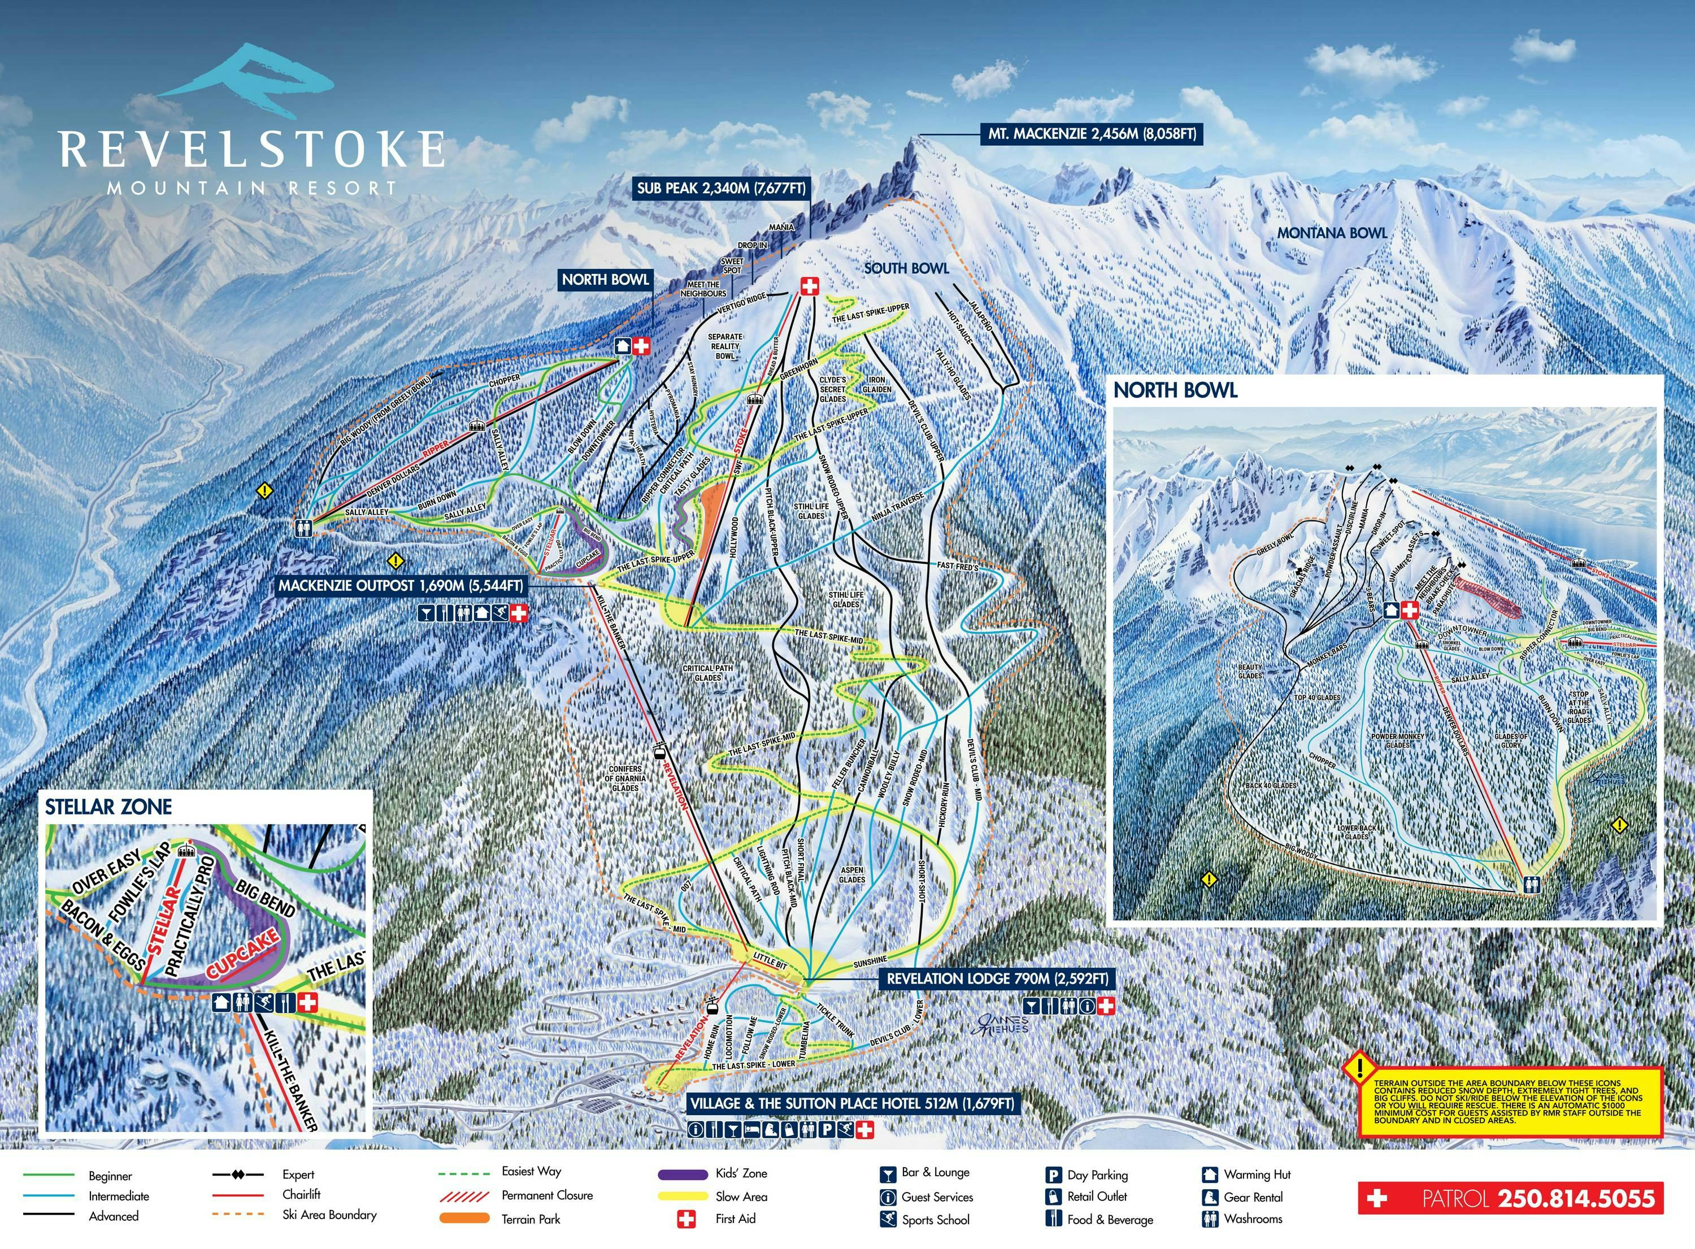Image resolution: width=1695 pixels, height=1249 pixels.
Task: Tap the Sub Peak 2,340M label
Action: click(722, 188)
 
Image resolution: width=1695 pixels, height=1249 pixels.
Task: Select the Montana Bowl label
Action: click(1332, 233)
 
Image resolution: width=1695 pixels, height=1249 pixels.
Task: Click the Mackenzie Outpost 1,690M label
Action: click(401, 586)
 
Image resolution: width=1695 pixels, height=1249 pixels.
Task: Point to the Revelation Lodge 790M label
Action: click(997, 978)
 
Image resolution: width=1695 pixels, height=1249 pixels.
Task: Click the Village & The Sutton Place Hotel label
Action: click(851, 1103)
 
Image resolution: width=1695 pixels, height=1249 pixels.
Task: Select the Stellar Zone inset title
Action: click(108, 807)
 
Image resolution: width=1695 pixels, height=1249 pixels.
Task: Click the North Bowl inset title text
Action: click(1176, 391)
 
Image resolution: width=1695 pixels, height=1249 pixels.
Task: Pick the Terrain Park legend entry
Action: click(531, 1218)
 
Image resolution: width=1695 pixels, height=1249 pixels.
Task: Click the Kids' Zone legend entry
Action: click(741, 1173)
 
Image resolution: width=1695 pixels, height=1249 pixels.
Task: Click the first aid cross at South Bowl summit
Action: click(810, 286)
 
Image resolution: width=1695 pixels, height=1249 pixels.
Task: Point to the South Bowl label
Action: click(906, 268)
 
